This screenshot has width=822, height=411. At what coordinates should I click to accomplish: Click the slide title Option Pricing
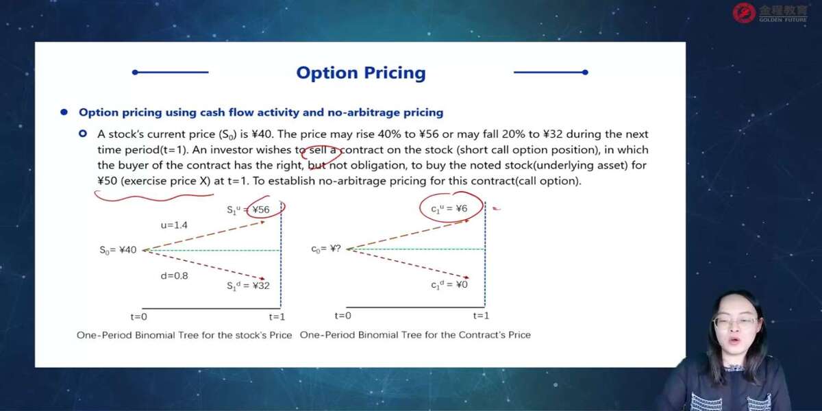[361, 73]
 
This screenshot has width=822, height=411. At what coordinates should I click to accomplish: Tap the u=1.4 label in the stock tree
[174, 225]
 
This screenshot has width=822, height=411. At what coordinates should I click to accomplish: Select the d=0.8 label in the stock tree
[174, 275]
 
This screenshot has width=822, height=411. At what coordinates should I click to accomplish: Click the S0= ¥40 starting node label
[118, 250]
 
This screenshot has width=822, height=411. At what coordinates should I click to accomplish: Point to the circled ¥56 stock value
[261, 210]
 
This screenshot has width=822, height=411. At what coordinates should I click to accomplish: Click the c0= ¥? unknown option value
[326, 249]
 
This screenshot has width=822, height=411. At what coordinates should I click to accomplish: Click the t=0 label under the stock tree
[138, 316]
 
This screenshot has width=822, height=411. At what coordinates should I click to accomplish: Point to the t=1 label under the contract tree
[481, 316]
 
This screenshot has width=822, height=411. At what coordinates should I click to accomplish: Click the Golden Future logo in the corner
[770, 13]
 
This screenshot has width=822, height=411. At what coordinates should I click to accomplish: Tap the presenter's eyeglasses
[736, 322]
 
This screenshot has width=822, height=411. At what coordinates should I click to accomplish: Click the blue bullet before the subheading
[64, 112]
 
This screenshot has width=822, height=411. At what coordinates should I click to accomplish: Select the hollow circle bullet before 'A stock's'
[83, 134]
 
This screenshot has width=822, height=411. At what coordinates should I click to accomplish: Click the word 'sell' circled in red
[318, 150]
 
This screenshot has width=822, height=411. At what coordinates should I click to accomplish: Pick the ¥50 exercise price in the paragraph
[107, 181]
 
